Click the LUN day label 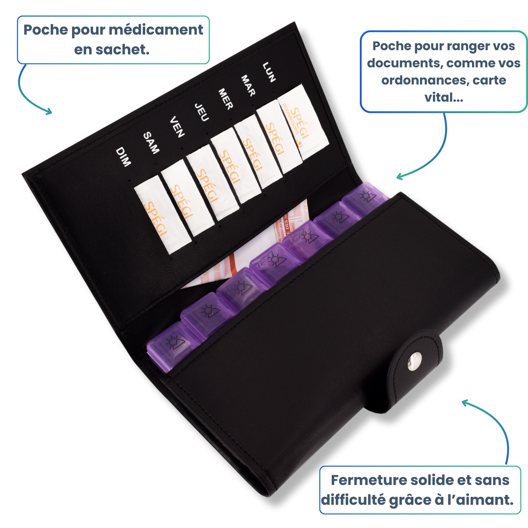click(x=269, y=72)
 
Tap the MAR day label click(x=248, y=86)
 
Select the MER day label click(x=225, y=99)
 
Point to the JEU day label click(x=201, y=112)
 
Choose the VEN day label click(x=177, y=127)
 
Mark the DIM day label click(x=123, y=157)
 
